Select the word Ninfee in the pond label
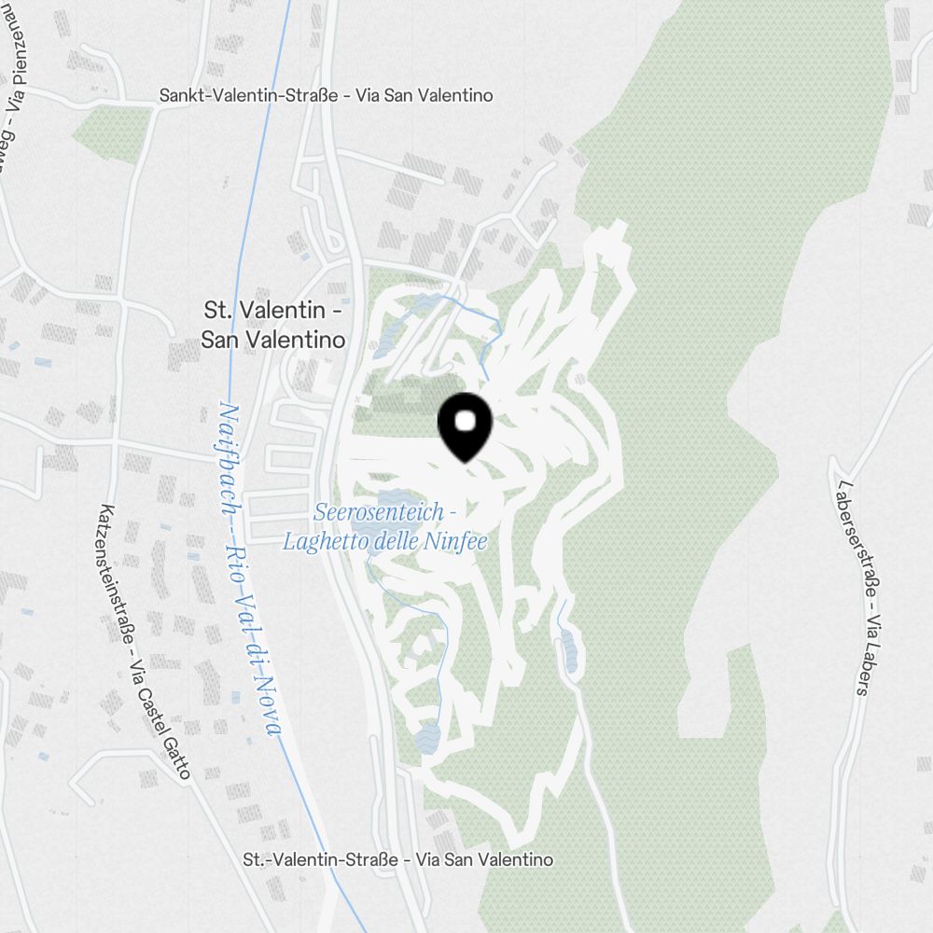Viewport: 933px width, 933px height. pyautogui.click(x=458, y=541)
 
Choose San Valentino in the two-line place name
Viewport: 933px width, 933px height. pyautogui.click(x=272, y=340)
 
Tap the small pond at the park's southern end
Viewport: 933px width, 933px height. pyautogui.click(x=428, y=736)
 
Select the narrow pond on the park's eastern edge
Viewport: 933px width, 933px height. pyautogui.click(x=568, y=648)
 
